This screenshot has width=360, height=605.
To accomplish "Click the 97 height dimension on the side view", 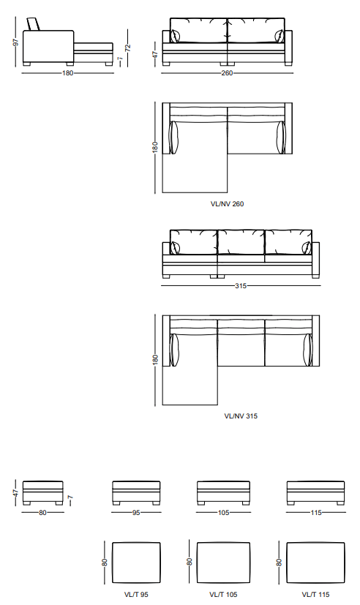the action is click(16, 42).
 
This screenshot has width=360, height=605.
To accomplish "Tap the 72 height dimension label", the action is click(128, 48).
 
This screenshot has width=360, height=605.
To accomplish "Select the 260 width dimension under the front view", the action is click(227, 73).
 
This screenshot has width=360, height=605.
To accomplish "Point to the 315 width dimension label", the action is click(241, 286).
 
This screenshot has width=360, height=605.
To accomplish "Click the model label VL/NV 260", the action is click(227, 203).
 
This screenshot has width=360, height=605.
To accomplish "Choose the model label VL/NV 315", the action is click(241, 416).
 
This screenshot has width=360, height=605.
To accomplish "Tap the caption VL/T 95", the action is click(136, 595).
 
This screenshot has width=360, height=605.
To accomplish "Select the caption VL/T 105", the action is click(223, 595).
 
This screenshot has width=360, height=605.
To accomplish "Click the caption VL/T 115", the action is click(315, 595).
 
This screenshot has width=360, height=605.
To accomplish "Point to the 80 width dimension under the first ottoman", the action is click(42, 513).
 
